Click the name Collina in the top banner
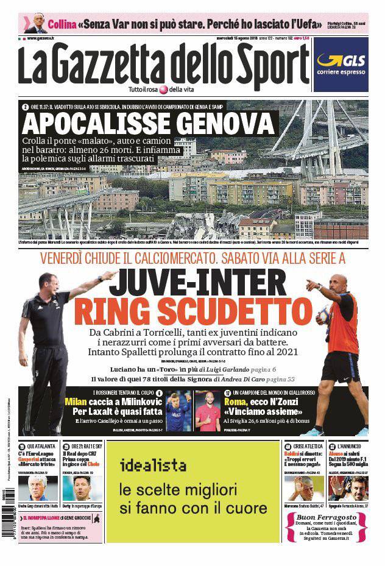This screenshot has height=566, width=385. pos(61,25)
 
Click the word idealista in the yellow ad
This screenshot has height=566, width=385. pos(153,466)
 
